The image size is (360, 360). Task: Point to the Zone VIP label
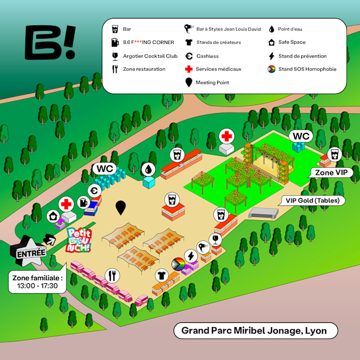[x=330, y=173]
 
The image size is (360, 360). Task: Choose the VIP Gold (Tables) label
[x=313, y=201]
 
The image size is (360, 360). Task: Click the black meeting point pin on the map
[x=121, y=208]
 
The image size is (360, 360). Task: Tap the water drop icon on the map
[x=149, y=169]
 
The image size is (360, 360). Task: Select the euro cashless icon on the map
[x=96, y=191]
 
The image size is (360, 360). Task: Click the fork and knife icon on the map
[x=112, y=275]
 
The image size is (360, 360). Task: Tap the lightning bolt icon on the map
[x=191, y=256]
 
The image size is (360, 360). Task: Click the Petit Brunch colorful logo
[x=79, y=239]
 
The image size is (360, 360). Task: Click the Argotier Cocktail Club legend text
[x=150, y=56]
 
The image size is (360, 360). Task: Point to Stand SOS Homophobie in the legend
[x=307, y=69]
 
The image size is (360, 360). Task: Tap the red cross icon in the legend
[x=188, y=69]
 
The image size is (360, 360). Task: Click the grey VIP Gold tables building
[x=263, y=213]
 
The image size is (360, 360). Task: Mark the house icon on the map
[x=52, y=216]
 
